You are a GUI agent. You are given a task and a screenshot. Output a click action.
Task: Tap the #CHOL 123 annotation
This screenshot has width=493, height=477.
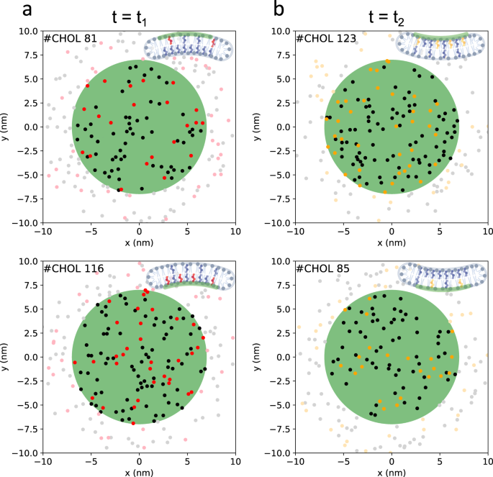pyautogui.click(x=326, y=38)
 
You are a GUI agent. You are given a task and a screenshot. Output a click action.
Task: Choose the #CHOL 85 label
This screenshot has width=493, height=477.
pyautogui.click(x=324, y=268)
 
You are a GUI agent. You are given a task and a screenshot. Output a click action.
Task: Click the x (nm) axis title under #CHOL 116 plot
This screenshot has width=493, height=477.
pyautogui.click(x=140, y=471)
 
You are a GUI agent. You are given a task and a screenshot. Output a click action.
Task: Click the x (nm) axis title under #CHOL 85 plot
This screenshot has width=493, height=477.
pyautogui.click(x=392, y=471)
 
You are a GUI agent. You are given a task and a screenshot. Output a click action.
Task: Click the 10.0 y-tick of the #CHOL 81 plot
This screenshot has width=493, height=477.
pyautogui.click(x=28, y=31)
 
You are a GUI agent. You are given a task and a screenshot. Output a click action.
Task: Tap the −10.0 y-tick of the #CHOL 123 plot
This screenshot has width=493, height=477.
pyautogui.click(x=278, y=223)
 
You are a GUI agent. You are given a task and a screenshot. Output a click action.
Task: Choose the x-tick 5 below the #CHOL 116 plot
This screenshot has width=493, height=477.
pyautogui.click(x=187, y=460)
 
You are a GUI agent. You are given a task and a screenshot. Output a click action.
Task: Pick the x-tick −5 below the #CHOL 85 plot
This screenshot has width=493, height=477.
pyautogui.click(x=343, y=460)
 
